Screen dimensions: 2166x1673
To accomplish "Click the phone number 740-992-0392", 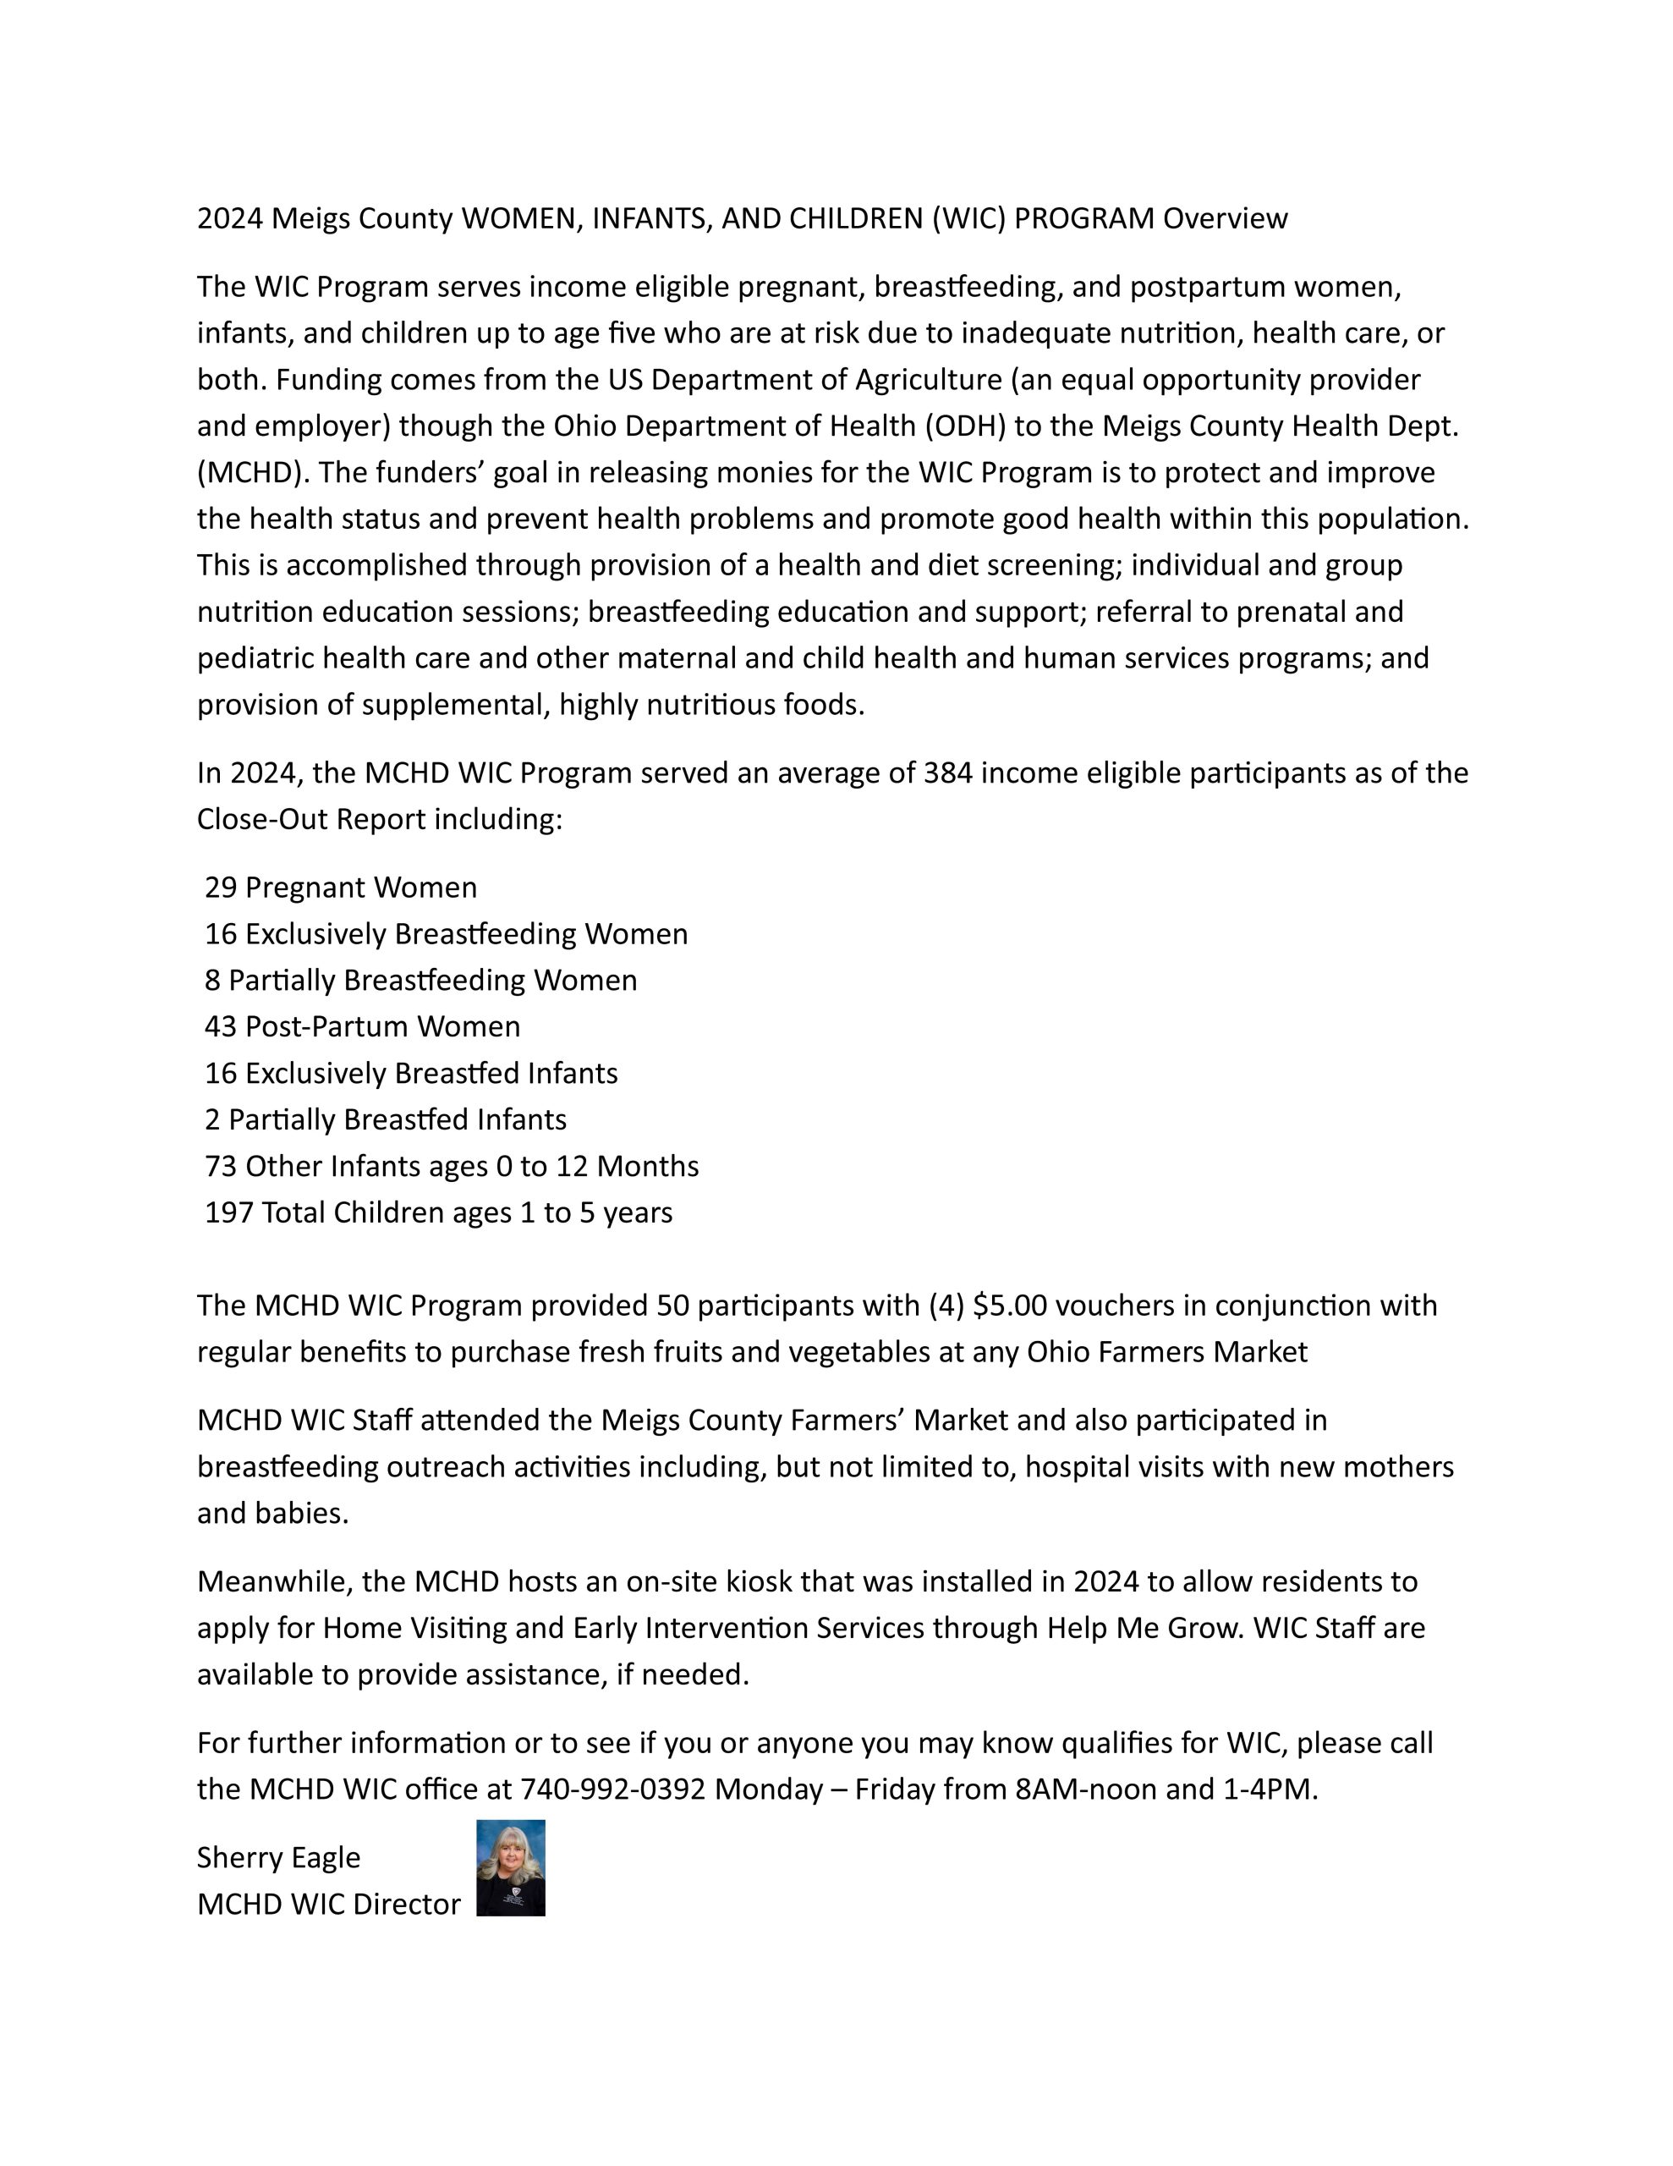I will click(x=613, y=1789).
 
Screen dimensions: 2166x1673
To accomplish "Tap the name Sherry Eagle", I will click(x=278, y=1857).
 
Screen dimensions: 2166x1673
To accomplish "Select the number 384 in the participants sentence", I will click(x=947, y=772).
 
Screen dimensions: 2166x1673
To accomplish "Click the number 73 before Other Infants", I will click(x=221, y=1165).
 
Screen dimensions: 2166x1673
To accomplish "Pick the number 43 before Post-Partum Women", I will click(x=221, y=1025).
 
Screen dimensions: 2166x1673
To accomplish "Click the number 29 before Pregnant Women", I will click(x=221, y=887).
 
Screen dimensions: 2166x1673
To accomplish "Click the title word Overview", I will click(x=1225, y=218).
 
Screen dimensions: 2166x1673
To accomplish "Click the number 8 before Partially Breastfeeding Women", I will click(x=213, y=980).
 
